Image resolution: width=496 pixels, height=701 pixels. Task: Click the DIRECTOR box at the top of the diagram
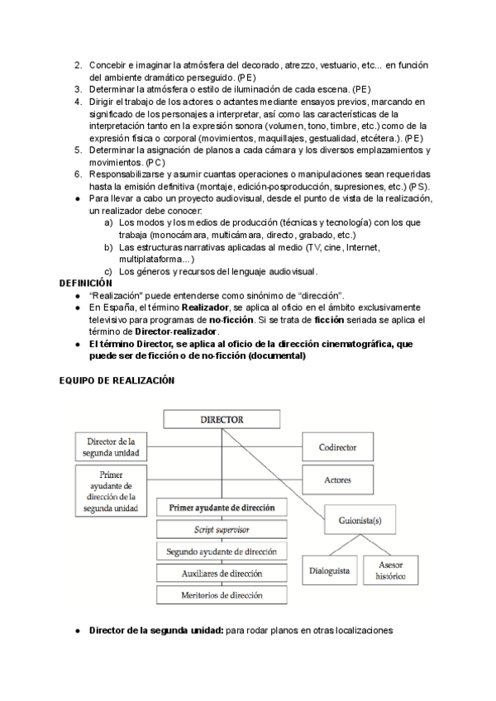point(222,420)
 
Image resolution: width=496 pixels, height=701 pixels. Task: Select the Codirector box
point(337,447)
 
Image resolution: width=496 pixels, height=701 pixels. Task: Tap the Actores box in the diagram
point(337,479)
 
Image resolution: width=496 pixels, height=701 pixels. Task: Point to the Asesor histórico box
point(389,570)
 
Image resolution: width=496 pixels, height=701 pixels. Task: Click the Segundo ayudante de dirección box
point(222,551)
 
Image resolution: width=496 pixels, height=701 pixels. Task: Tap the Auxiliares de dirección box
point(222,572)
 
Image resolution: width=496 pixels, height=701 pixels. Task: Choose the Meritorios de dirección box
point(222,594)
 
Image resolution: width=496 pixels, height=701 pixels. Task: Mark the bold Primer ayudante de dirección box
point(222,507)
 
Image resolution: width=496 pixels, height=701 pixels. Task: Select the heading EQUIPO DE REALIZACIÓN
point(117,379)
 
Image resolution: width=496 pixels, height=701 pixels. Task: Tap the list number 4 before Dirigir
point(77,101)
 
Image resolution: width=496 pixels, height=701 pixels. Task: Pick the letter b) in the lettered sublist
point(108,247)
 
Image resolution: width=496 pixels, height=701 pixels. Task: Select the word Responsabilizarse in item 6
point(126,175)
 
